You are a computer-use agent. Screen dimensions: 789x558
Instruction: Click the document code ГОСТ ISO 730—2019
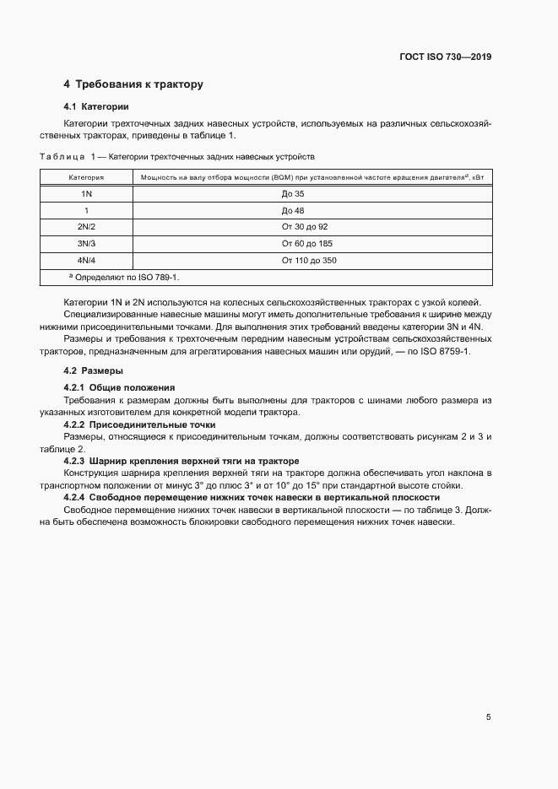tap(445, 57)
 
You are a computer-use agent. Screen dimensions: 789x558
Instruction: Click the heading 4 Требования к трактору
tap(133, 84)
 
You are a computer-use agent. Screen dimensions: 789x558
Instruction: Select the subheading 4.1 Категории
tap(96, 107)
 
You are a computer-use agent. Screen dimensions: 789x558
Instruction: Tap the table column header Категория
tap(86, 178)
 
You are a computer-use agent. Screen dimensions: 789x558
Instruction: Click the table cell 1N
tap(86, 194)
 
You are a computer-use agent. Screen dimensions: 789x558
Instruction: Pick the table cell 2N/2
tap(86, 228)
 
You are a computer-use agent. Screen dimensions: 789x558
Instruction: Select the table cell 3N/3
tap(86, 244)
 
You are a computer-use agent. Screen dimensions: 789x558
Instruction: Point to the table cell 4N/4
tap(86, 261)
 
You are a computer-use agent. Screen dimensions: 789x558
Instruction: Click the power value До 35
tap(292, 194)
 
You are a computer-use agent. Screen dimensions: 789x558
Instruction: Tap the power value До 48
tap(292, 211)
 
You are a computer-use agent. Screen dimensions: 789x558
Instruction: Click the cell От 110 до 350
tap(309, 261)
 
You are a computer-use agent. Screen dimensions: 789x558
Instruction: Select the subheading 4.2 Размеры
tap(94, 370)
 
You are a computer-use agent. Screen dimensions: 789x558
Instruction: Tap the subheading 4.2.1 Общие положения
tap(119, 386)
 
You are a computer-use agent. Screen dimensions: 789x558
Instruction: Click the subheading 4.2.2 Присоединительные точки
tap(140, 424)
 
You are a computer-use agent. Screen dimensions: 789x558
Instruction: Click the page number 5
tap(489, 717)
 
